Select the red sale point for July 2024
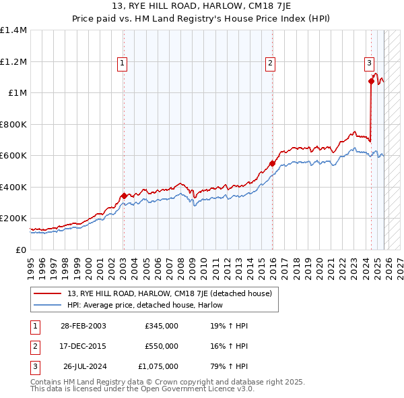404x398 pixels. [371, 82]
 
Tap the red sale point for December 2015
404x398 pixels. [273, 163]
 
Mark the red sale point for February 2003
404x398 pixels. [124, 196]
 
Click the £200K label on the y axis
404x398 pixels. [13, 219]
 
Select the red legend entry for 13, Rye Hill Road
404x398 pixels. [169, 293]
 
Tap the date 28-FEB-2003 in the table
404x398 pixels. [83, 326]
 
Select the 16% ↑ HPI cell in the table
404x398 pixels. [229, 346]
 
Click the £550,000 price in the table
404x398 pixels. [161, 346]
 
